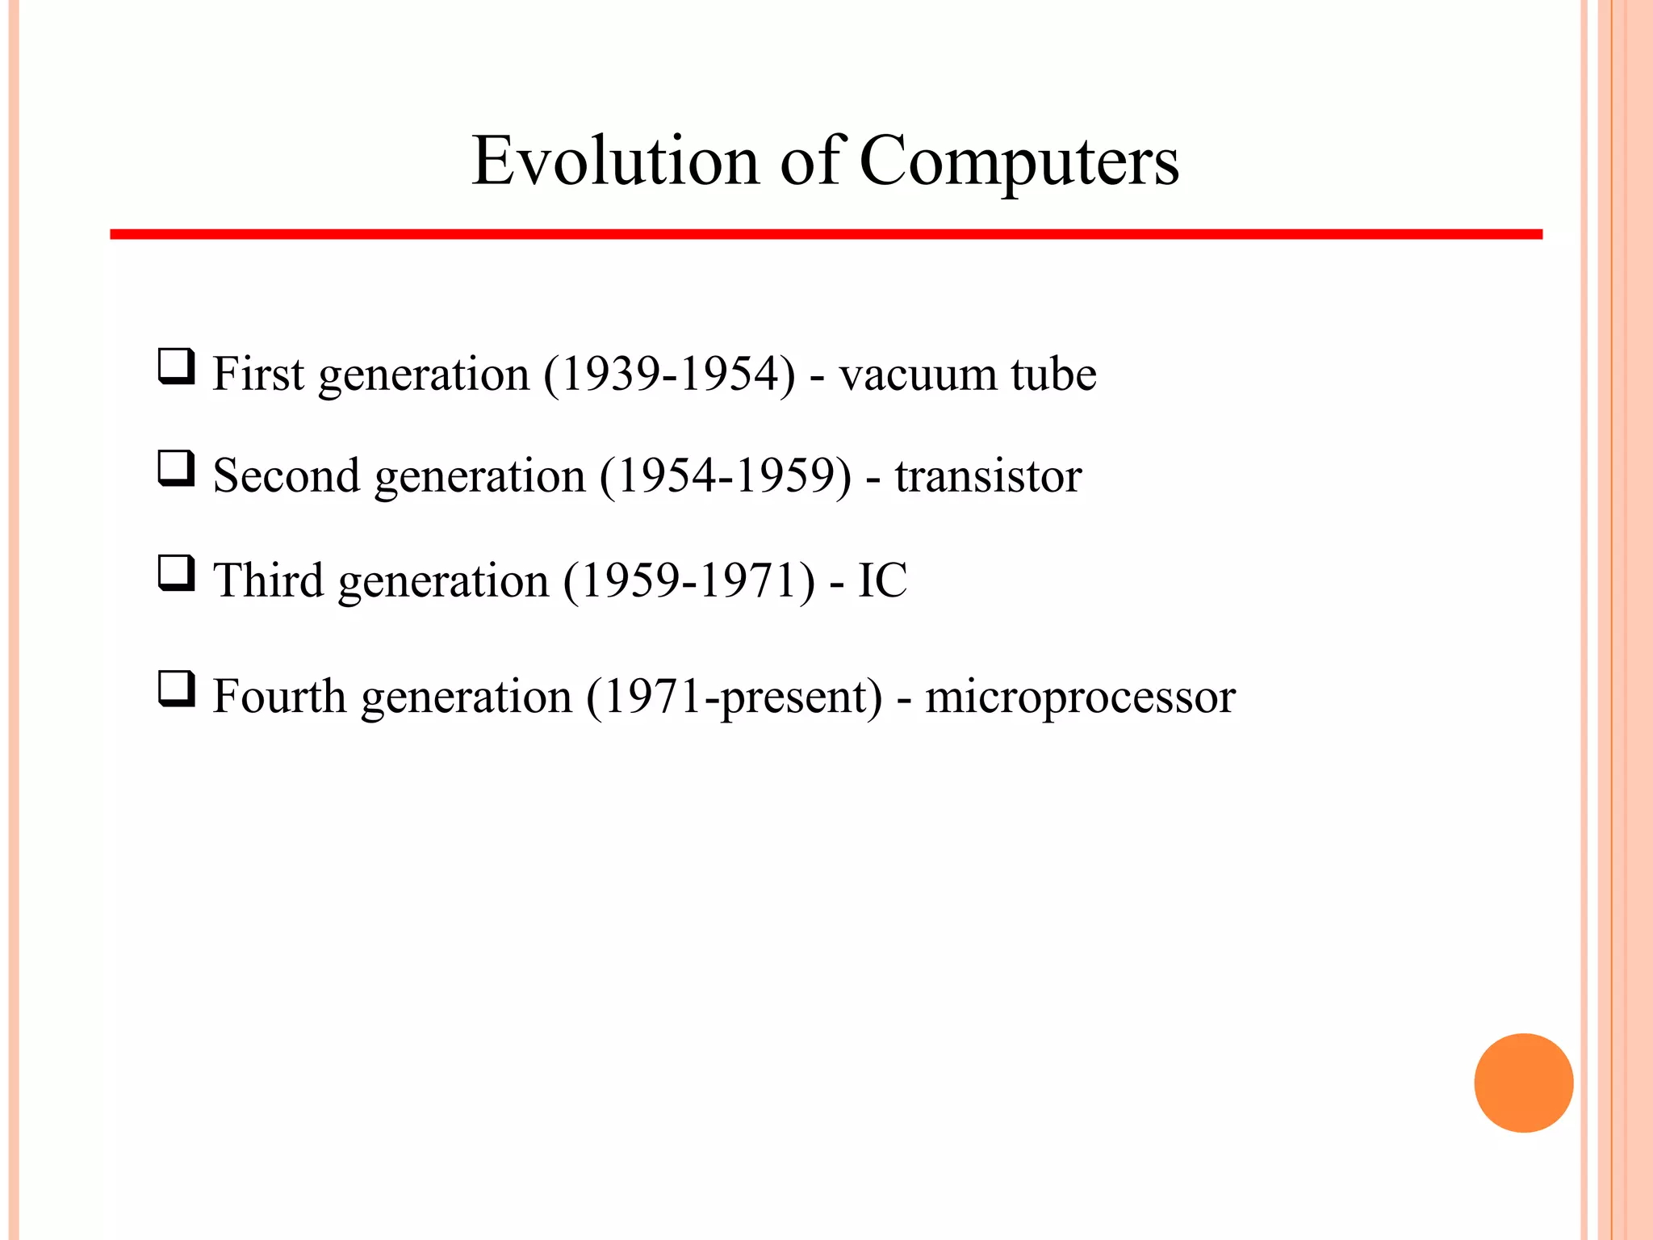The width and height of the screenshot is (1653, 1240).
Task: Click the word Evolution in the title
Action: pyautogui.click(x=615, y=161)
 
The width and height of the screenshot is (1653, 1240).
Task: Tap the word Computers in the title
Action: pyautogui.click(x=1019, y=162)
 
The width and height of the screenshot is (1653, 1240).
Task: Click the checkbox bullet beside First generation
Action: pyautogui.click(x=176, y=367)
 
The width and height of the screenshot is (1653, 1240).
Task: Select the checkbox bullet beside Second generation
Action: pyautogui.click(x=176, y=469)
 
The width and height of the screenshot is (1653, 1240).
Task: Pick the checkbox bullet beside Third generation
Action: pyautogui.click(x=176, y=573)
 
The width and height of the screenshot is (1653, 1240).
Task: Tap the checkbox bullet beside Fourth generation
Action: pyautogui.click(x=176, y=689)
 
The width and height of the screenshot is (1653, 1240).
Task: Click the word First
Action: pyautogui.click(x=258, y=374)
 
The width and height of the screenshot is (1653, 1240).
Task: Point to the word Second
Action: pyautogui.click(x=286, y=475)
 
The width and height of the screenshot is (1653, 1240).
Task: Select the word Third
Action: pyautogui.click(x=268, y=580)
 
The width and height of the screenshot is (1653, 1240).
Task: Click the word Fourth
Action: pyautogui.click(x=278, y=696)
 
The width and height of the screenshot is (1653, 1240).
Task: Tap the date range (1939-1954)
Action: pyautogui.click(x=669, y=374)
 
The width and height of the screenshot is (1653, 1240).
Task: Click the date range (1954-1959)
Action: pyautogui.click(x=725, y=475)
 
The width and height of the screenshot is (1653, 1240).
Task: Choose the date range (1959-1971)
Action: pyautogui.click(x=689, y=580)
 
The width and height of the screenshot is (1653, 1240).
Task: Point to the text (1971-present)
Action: pyautogui.click(x=734, y=696)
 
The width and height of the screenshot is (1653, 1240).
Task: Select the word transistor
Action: pyautogui.click(x=988, y=476)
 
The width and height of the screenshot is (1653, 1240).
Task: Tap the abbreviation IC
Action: pyautogui.click(x=882, y=580)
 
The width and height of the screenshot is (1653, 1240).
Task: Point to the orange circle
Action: pyautogui.click(x=1523, y=1083)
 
